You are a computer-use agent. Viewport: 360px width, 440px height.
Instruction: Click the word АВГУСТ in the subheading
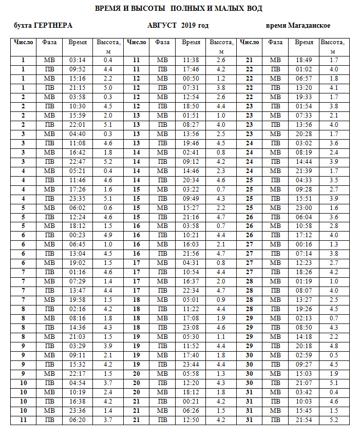(x=162, y=26)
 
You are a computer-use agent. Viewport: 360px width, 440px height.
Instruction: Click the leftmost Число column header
(x=23, y=42)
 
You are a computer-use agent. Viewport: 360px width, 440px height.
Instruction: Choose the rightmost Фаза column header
(x=276, y=42)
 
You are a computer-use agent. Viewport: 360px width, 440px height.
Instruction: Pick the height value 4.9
(x=108, y=236)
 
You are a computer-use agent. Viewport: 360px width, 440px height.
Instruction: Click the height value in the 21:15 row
(x=108, y=88)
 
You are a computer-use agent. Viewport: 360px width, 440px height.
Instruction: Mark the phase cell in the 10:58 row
(x=276, y=226)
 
